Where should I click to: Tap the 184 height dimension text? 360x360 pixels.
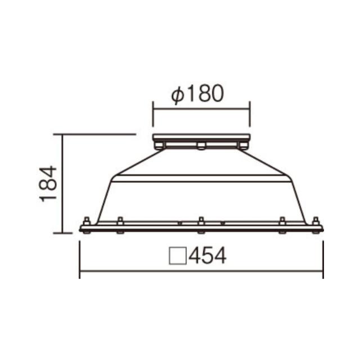coord(48,184)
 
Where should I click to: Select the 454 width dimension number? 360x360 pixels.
coord(208,256)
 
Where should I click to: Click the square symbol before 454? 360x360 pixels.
coord(178,256)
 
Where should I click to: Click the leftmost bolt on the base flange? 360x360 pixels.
coord(87,225)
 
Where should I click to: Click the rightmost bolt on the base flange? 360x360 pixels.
coord(316,225)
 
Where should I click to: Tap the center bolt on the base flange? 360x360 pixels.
coord(201,225)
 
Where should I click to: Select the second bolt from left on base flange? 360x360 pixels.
coord(120,225)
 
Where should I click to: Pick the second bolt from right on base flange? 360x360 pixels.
coord(282,225)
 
